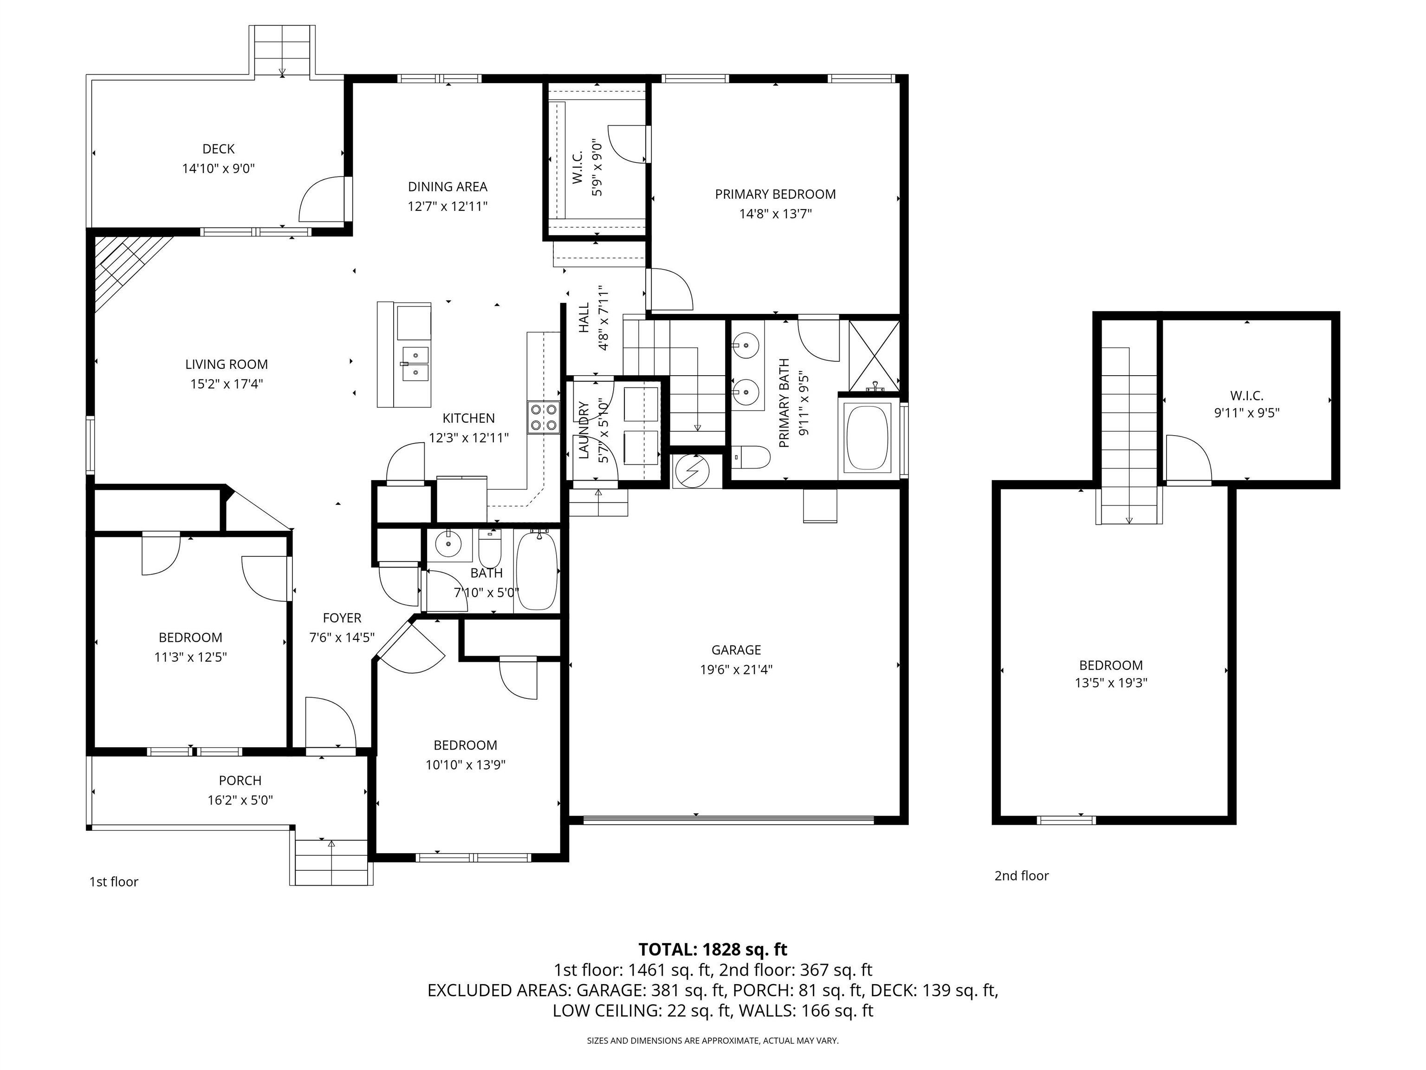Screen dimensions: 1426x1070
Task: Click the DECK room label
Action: coord(219,149)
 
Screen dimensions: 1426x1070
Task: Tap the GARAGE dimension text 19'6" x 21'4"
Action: coord(736,670)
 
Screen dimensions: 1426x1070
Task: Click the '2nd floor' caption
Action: coord(1021,876)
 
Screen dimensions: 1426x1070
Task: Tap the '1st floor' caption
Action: coord(113,881)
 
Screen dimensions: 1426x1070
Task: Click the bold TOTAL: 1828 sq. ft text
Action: coord(713,949)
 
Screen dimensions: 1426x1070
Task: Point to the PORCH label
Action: coord(240,780)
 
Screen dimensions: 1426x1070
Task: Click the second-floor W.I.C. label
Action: coord(1247,396)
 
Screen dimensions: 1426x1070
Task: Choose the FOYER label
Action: coord(342,618)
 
